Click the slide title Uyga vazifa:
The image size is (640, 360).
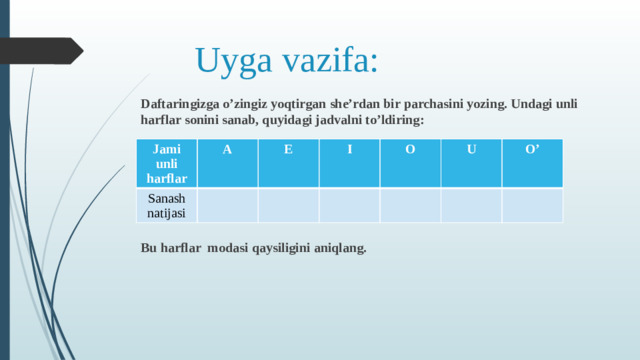point(287,60)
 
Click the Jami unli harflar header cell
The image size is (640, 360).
point(166,163)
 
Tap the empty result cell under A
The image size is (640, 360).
point(228,205)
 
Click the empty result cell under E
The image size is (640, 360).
point(289,205)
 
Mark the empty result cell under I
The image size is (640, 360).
point(349,205)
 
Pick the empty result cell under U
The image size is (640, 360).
point(471,205)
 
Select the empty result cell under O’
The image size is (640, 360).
point(532,205)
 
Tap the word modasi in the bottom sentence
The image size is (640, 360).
point(232,247)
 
